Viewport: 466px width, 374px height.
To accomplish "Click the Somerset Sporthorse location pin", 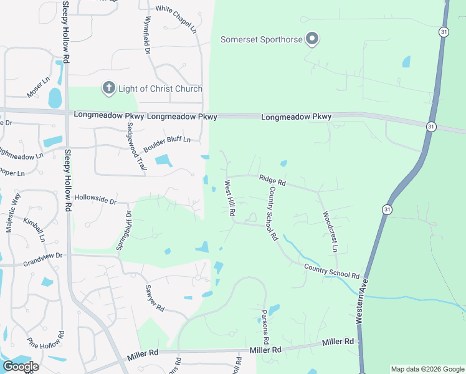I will [x=313, y=40].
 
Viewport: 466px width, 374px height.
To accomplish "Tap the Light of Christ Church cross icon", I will [x=108, y=89].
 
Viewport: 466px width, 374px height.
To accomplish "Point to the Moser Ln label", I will [x=37, y=88].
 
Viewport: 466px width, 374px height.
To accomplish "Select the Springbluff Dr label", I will [x=124, y=231].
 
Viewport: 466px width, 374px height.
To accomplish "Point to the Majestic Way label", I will [x=13, y=213].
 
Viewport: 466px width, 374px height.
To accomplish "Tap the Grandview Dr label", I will [x=43, y=256].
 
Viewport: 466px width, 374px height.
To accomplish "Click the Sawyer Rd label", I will [x=154, y=299].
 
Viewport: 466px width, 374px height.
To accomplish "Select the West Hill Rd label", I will [x=229, y=198].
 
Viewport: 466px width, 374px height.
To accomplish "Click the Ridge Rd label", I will [x=272, y=180].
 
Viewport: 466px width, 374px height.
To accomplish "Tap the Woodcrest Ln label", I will [x=330, y=231].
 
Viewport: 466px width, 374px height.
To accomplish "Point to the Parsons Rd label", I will [x=265, y=324].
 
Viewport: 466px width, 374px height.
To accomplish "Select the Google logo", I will [x=21, y=366].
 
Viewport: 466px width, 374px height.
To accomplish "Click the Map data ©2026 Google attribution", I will [x=427, y=369].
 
